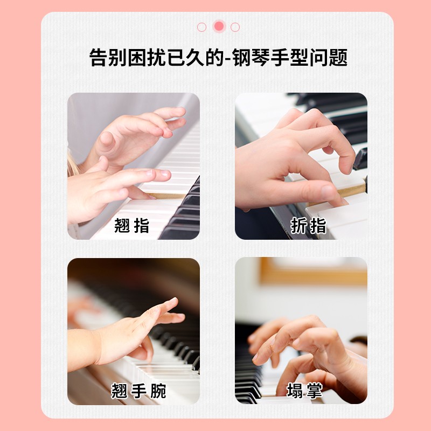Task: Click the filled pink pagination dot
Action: pos(219,26)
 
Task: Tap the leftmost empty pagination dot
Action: pos(202,27)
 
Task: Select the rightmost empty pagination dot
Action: pos(235,27)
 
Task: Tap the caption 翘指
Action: pos(132,225)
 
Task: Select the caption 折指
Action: pos(309,225)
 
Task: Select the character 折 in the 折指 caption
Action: pos(299,225)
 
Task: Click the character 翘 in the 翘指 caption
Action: pos(123,225)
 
